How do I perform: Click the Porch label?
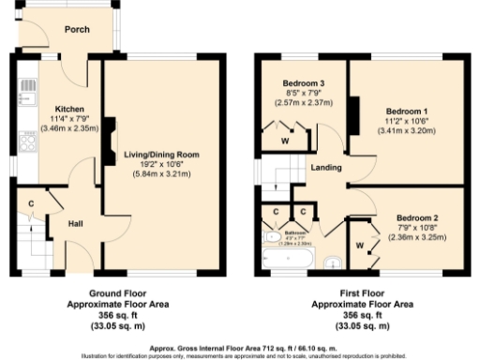(x=77, y=29)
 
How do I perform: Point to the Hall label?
(x=77, y=225)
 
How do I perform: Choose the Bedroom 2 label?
(x=417, y=217)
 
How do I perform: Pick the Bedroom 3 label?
(x=303, y=83)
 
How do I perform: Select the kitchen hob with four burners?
(x=26, y=142)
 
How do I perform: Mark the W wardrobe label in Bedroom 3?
(x=285, y=142)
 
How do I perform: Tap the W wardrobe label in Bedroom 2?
(x=359, y=247)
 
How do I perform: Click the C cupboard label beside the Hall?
(x=31, y=203)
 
